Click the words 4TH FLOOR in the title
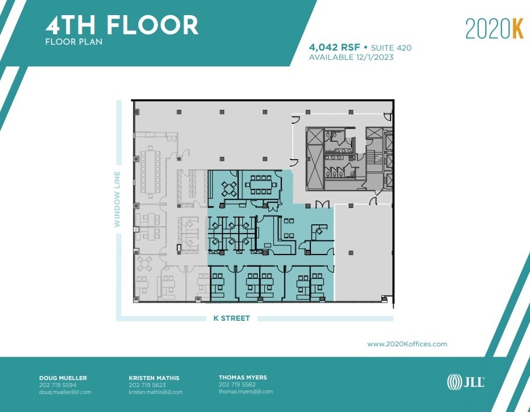coord(122,25)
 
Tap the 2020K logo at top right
coord(494,29)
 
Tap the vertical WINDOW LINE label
coord(117,198)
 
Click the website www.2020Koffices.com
coord(407,344)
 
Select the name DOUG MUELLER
coord(63,378)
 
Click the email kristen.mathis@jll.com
coord(155,392)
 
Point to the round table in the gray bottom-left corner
coord(144,263)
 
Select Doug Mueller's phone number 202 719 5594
coord(58,385)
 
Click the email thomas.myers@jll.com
coord(245,392)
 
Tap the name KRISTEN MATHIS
coord(154,378)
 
